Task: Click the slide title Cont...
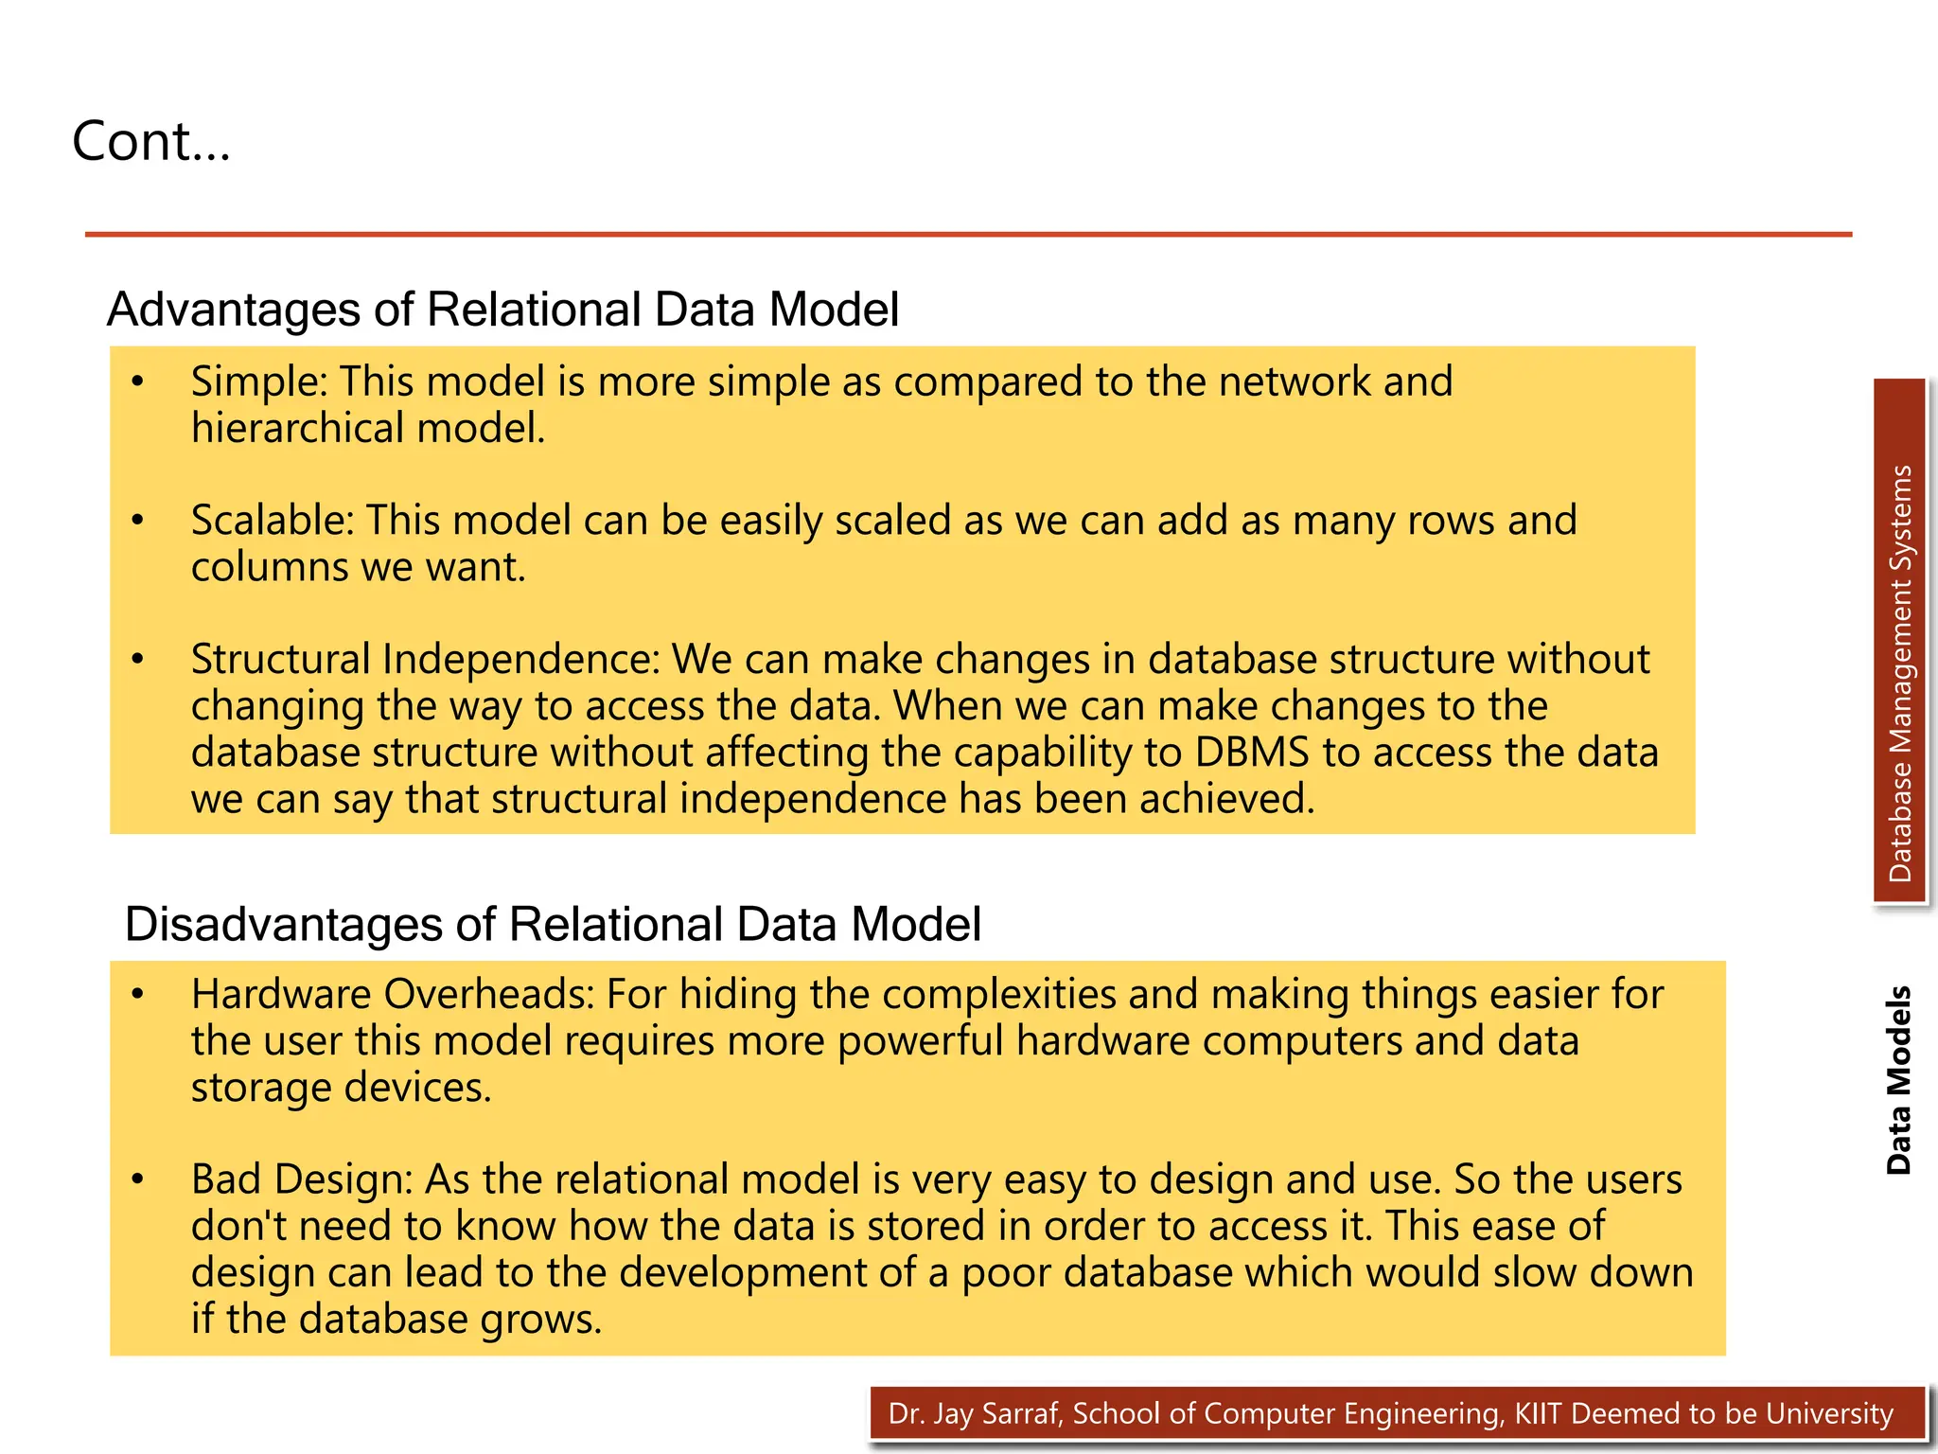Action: click(151, 142)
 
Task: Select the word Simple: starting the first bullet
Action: click(258, 381)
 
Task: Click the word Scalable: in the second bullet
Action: click(272, 521)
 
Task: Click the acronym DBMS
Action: click(1251, 753)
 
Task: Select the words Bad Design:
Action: click(302, 1180)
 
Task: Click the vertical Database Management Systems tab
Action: click(1900, 672)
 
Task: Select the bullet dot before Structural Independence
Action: click(138, 660)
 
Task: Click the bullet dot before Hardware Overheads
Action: click(138, 995)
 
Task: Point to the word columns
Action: click(270, 567)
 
